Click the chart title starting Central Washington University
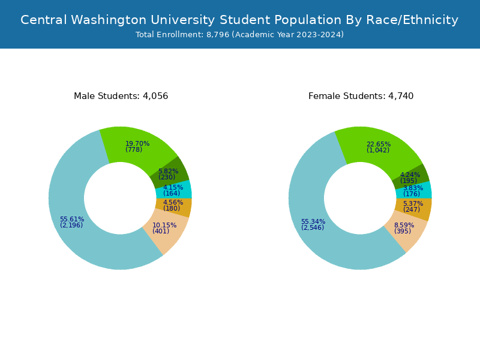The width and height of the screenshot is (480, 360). pos(239,20)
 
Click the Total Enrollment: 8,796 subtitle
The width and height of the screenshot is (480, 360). pos(239,35)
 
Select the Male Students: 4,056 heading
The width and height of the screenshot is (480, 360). pos(121,96)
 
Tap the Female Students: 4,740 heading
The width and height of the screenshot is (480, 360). pos(361,96)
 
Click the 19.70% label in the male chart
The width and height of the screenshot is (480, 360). pos(137,143)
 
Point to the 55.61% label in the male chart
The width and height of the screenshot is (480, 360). pos(72,219)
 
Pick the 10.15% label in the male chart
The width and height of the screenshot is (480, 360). pos(164,226)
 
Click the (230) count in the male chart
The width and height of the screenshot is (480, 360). pos(167,177)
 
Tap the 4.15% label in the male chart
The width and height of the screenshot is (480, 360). pos(173,187)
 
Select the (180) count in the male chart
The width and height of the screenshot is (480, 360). pos(172,209)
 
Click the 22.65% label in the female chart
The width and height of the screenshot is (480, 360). pos(379,144)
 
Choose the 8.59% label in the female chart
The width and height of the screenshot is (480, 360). pos(404,225)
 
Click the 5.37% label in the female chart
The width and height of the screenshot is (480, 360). pos(413,203)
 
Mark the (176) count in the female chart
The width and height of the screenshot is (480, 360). pos(412,194)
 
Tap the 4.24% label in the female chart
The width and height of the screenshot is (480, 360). pos(410,175)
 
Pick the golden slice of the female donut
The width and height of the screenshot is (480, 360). pos(422,209)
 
